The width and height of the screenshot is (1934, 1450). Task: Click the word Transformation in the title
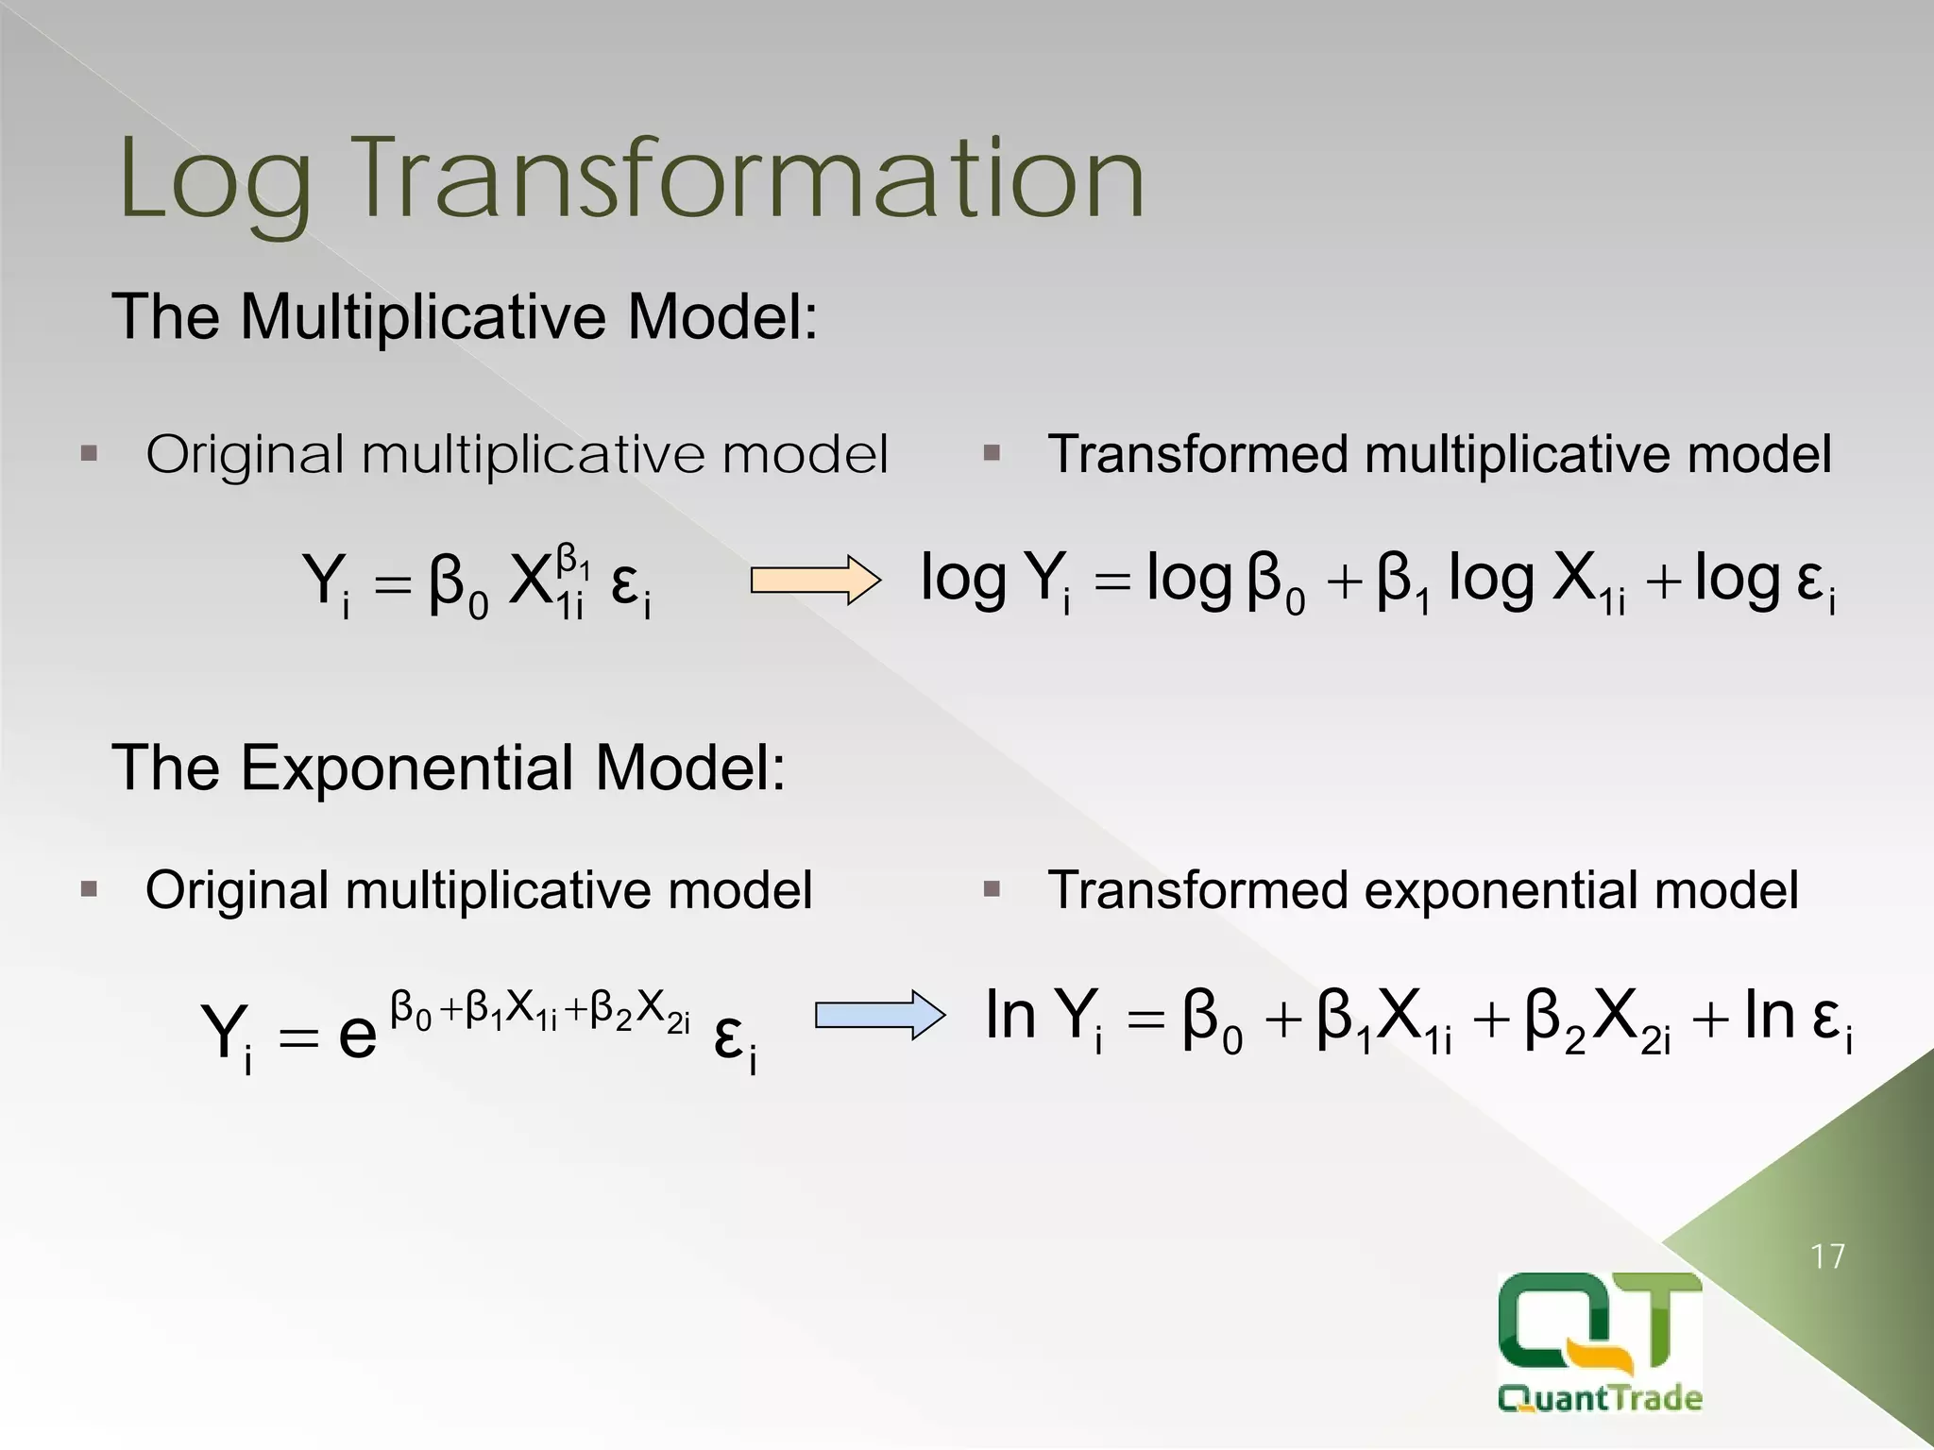(x=751, y=179)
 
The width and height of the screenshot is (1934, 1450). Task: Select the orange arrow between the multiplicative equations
(x=815, y=580)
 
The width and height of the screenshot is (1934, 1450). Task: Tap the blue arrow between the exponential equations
(x=879, y=1015)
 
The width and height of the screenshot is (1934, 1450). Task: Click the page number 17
(x=1828, y=1256)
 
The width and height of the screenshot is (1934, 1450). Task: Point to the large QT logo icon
(x=1600, y=1327)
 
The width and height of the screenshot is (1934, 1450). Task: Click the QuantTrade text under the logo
(x=1600, y=1397)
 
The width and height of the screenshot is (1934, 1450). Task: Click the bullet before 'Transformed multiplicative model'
(x=991, y=454)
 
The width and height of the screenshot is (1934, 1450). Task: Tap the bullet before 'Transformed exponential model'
(x=991, y=889)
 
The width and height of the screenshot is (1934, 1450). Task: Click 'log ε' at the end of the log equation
(x=1764, y=581)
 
